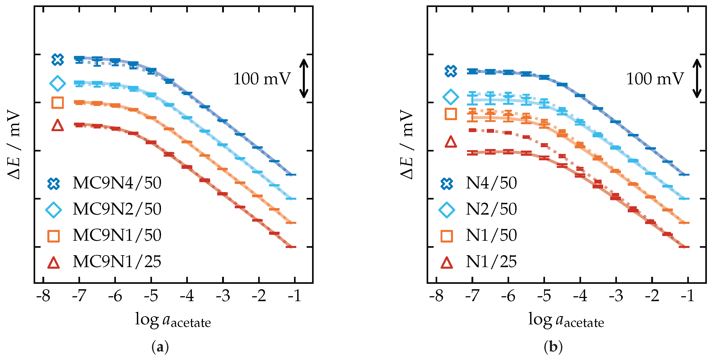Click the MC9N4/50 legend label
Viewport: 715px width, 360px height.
click(117, 183)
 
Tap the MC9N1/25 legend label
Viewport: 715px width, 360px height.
click(117, 261)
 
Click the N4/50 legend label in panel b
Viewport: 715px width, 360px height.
click(491, 183)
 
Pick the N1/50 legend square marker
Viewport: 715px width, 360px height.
click(447, 236)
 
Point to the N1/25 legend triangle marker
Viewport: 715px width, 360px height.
click(447, 263)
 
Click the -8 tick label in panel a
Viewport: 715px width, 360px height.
click(43, 296)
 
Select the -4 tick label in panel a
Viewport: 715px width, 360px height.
click(187, 296)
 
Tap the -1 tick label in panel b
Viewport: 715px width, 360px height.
click(687, 296)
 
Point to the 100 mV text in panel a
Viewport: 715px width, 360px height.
click(262, 79)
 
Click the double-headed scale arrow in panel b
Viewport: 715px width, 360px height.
click(697, 78)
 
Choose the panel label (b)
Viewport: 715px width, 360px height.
click(553, 347)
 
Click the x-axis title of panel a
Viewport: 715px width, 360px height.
click(173, 320)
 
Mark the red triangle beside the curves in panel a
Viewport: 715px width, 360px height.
click(57, 126)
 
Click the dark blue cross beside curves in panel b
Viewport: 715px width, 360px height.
click(451, 71)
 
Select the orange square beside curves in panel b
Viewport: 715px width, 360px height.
click(451, 114)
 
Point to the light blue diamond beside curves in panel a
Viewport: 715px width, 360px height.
click(57, 83)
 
